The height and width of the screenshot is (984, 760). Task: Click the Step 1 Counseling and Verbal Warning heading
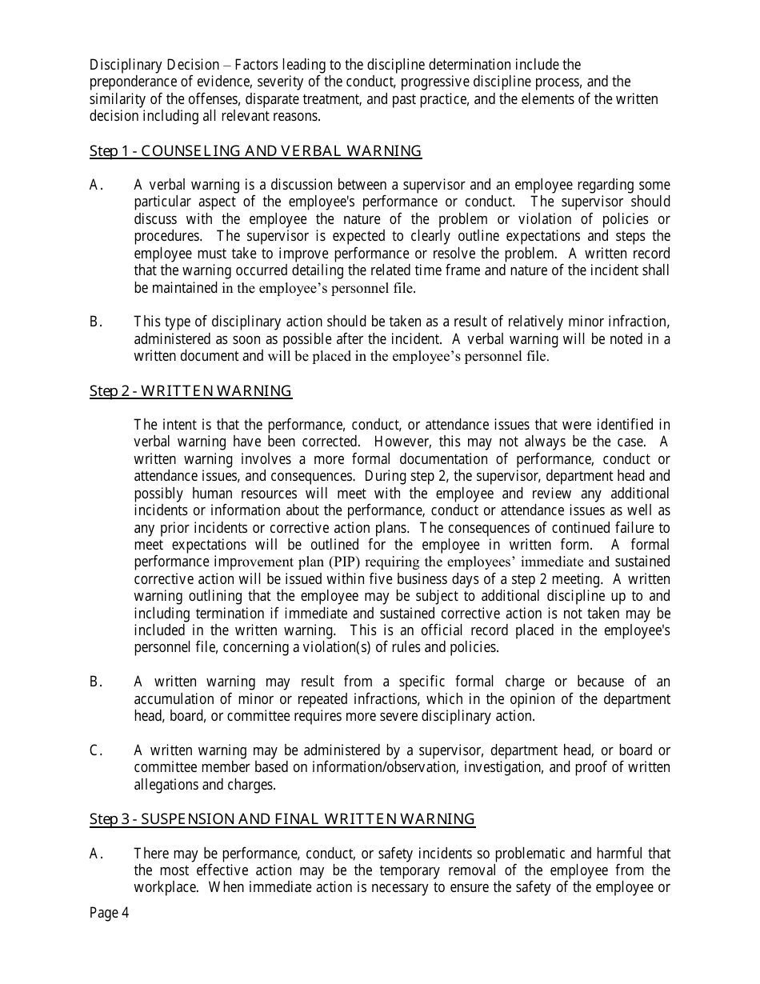[x=255, y=150]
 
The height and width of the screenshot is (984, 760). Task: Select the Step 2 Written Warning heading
[x=190, y=390]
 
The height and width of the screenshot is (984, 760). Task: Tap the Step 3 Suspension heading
[x=282, y=818]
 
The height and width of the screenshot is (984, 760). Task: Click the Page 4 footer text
[x=109, y=914]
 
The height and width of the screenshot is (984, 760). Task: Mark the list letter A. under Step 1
[x=96, y=185]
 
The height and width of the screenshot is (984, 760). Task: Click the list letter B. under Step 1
[x=96, y=322]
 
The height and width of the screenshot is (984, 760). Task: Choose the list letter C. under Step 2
[x=96, y=750]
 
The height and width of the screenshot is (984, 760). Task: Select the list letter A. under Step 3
[x=96, y=854]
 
